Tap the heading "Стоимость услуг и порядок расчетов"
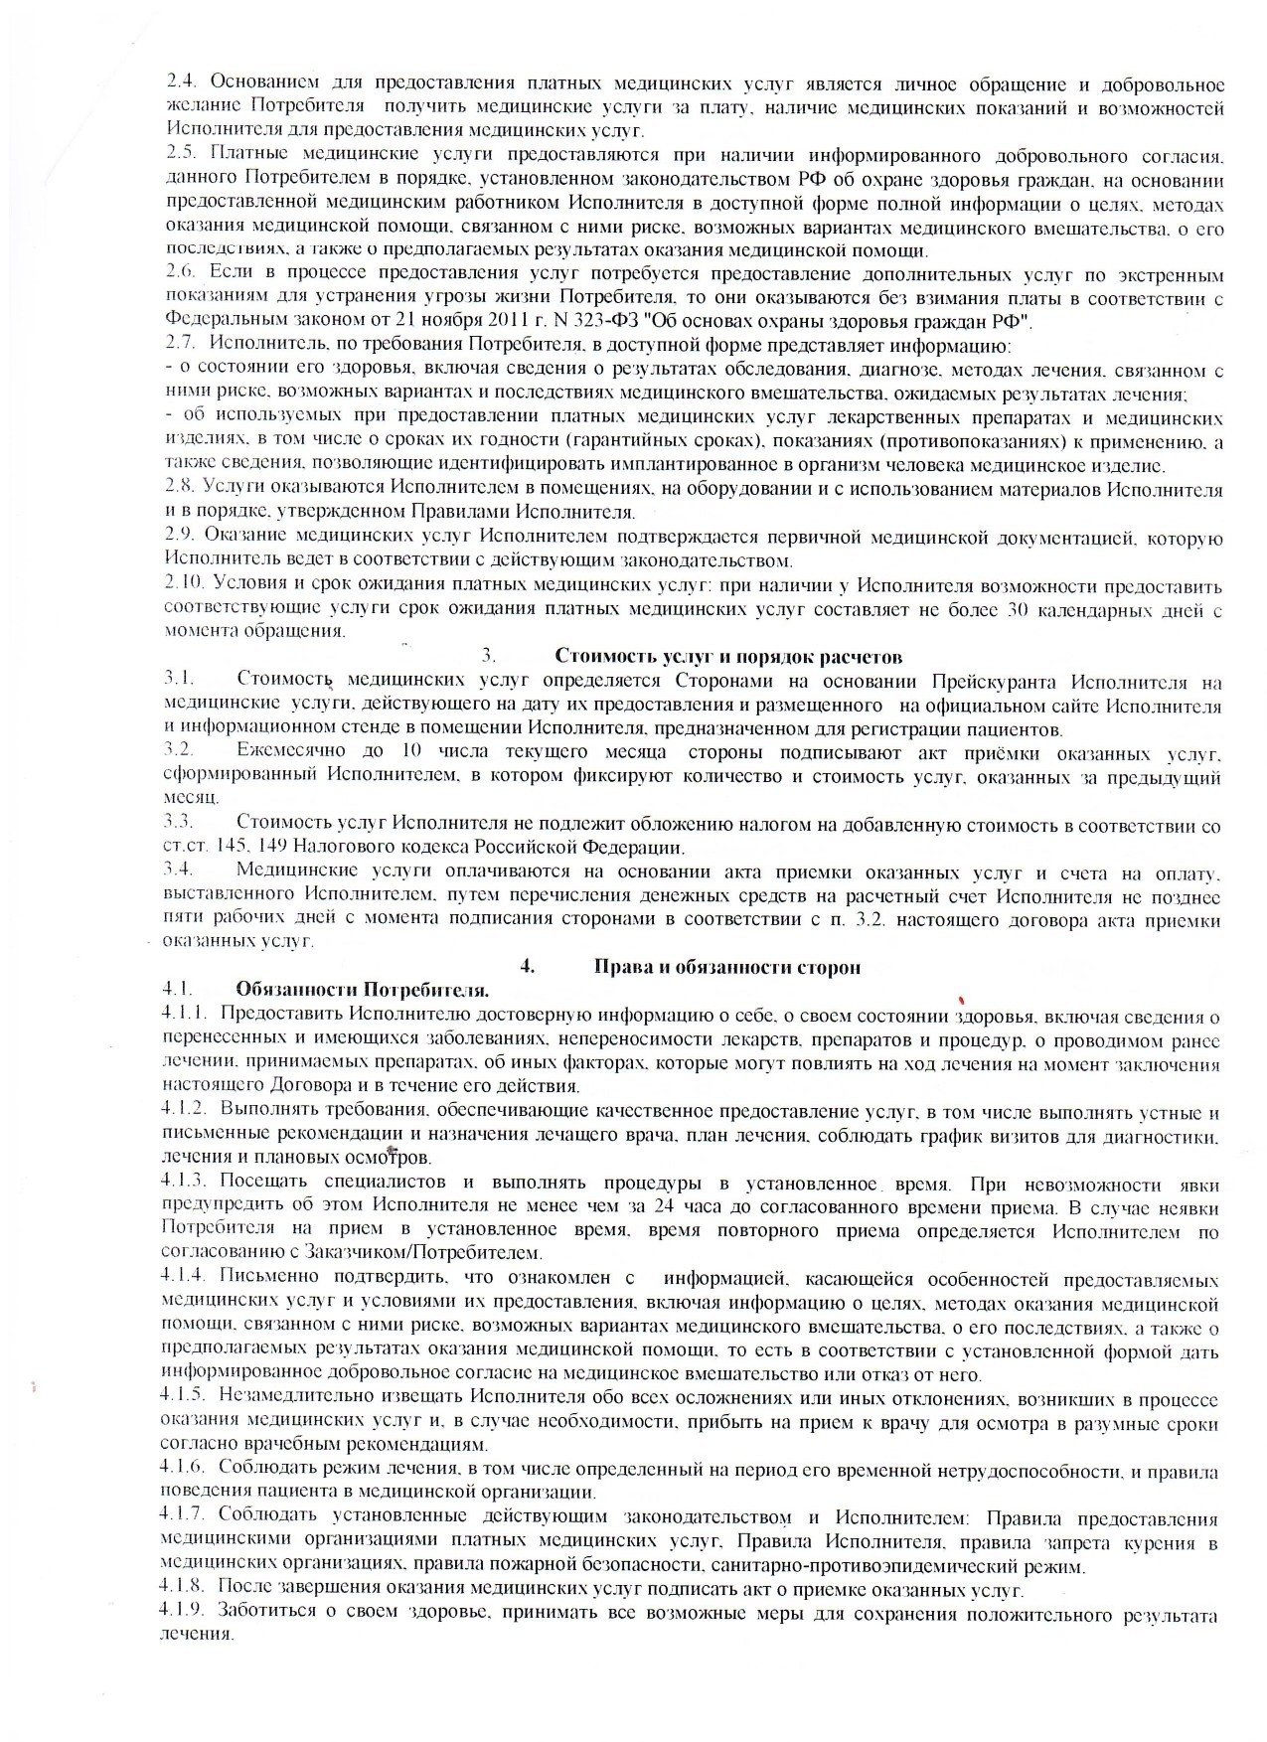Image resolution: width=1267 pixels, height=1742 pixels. click(727, 657)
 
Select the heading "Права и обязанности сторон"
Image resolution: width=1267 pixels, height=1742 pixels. click(726, 967)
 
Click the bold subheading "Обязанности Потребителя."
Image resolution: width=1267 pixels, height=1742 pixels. click(362, 991)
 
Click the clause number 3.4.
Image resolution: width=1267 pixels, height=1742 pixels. click(180, 871)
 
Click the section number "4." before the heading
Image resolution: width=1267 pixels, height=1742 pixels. click(528, 967)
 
